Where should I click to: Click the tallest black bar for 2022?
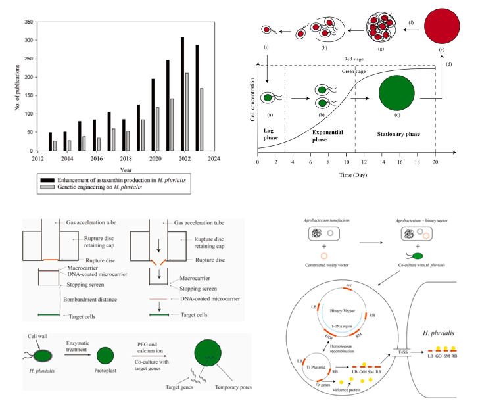click(183, 105)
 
